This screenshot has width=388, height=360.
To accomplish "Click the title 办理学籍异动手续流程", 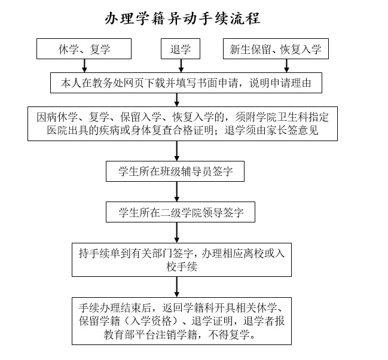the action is coord(182,19).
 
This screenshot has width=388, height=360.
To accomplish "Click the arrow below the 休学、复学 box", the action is coord(84,66).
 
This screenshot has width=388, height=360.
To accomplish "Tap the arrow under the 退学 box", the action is coord(181,66).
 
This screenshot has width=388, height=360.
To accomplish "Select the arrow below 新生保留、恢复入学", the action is coord(286,66).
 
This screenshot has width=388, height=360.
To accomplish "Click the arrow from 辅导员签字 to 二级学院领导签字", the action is coord(177,191).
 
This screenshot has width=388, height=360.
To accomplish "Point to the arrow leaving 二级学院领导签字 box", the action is coord(177,233).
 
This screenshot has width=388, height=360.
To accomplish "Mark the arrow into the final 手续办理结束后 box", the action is coord(177,287).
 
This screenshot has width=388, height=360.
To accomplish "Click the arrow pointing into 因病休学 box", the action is coord(177,100).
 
